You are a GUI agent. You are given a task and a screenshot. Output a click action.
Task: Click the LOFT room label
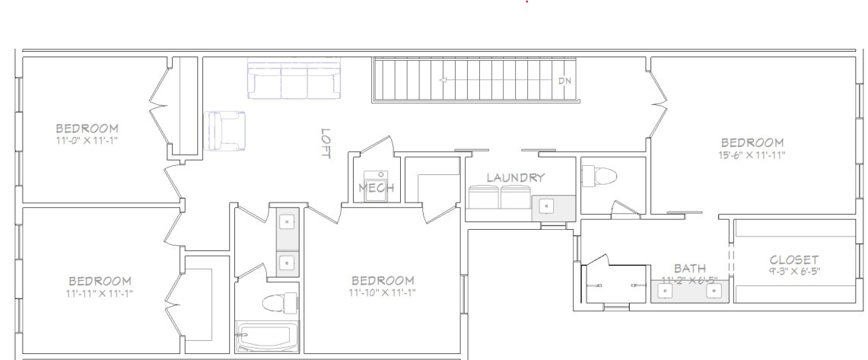coord(326,143)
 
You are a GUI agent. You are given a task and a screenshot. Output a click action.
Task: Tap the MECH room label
coord(375,188)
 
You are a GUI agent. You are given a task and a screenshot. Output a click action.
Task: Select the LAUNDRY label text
coord(516,178)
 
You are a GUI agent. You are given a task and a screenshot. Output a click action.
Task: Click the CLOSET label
coord(793,260)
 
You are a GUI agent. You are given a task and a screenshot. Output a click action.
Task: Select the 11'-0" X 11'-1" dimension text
coord(87,140)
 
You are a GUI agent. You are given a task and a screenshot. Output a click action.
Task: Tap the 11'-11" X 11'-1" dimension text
coord(100,292)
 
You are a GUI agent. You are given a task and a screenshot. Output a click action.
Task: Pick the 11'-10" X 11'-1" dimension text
coord(382,292)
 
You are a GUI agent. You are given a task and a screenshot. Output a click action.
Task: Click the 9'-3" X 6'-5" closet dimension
coord(793,271)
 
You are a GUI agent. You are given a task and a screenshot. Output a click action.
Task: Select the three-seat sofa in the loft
coord(294,80)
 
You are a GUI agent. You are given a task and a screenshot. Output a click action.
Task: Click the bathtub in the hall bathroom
coord(266,336)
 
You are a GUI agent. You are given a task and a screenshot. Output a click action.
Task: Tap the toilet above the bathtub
coord(278,302)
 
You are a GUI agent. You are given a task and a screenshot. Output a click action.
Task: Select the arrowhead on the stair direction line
coord(443,80)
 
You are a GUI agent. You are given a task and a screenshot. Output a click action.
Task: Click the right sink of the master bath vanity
coord(712,290)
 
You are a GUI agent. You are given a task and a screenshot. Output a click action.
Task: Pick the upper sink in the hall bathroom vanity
coord(287,221)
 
